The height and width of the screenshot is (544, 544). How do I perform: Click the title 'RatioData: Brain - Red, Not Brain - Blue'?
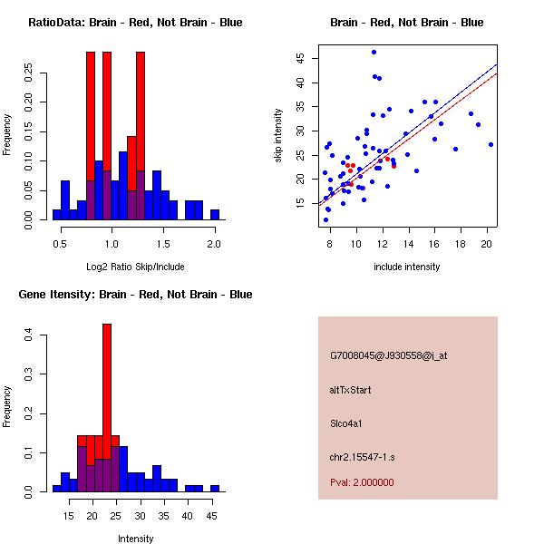135,23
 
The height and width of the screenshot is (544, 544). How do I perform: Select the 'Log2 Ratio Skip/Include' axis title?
134,267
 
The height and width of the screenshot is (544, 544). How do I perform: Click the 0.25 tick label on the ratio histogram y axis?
30,72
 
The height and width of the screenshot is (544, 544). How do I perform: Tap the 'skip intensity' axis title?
277,136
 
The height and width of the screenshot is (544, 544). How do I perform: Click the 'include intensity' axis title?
406,267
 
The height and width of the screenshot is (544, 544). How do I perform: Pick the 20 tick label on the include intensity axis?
488,243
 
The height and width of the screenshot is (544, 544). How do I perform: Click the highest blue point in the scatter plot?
374,53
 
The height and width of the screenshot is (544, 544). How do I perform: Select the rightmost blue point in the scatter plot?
491,144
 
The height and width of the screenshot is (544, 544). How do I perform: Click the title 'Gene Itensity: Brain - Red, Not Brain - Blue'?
135,295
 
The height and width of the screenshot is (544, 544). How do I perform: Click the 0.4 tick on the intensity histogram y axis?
30,335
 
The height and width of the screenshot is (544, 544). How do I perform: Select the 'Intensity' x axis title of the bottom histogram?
136,539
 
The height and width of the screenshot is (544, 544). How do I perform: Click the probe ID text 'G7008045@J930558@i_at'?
388,355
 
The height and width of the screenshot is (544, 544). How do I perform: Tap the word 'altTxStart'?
351,390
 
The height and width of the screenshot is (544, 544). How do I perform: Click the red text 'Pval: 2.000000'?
362,482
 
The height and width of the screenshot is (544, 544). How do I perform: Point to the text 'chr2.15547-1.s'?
360,455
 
